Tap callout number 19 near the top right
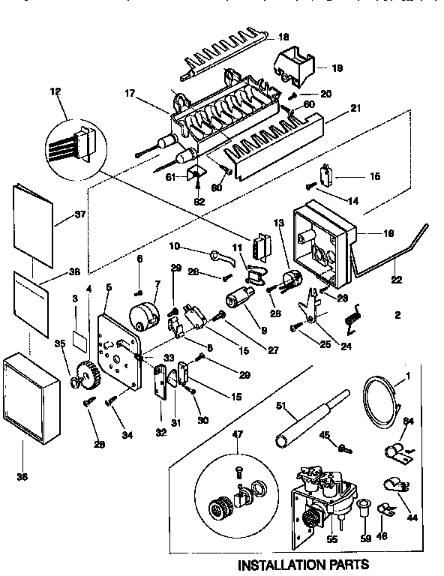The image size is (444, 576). click(x=337, y=67)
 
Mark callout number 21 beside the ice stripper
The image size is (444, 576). click(x=355, y=109)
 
